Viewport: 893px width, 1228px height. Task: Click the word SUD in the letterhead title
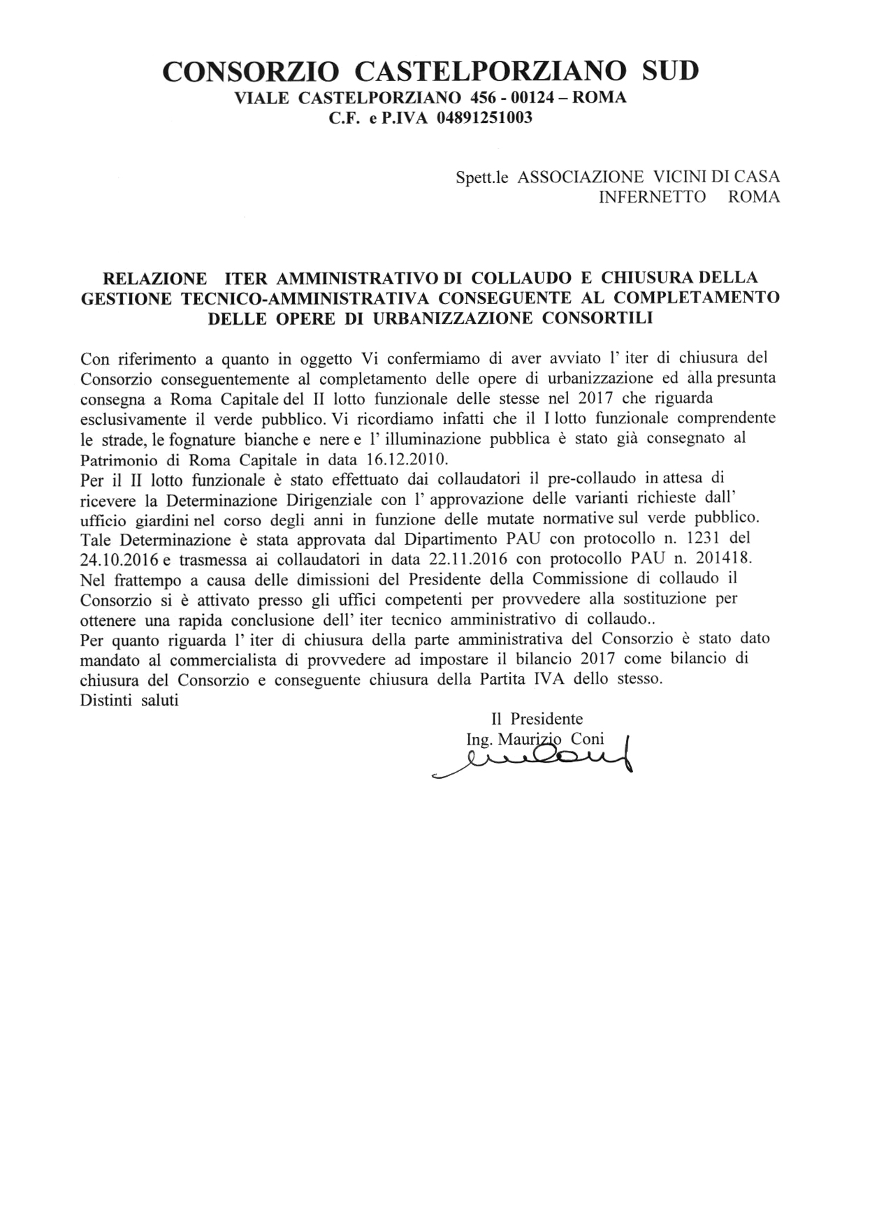[x=670, y=71]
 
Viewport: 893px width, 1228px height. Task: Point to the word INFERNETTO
[x=653, y=197]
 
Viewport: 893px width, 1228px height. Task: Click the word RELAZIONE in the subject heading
[x=154, y=278]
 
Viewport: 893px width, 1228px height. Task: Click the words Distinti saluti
[x=130, y=700]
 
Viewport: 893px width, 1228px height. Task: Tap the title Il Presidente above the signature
[x=537, y=719]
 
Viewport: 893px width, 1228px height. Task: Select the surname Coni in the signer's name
[x=587, y=739]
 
